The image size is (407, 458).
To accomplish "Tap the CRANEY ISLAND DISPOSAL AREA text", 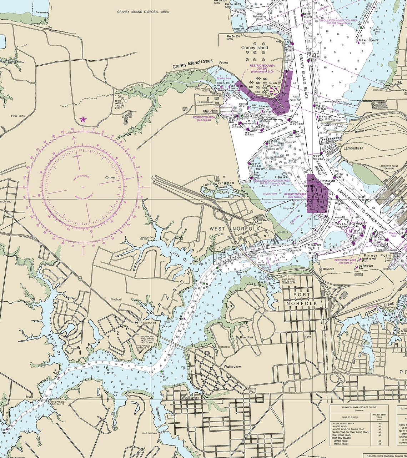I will click(x=143, y=12).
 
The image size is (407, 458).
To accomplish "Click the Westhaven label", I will click(x=190, y=397).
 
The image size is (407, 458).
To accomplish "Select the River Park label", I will click(x=247, y=337).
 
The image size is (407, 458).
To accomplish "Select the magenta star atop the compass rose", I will click(x=83, y=120).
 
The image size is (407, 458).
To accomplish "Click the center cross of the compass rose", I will click(x=83, y=187).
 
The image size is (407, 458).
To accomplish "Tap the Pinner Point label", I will click(x=373, y=256).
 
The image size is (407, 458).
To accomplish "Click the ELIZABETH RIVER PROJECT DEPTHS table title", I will click(x=359, y=408).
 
